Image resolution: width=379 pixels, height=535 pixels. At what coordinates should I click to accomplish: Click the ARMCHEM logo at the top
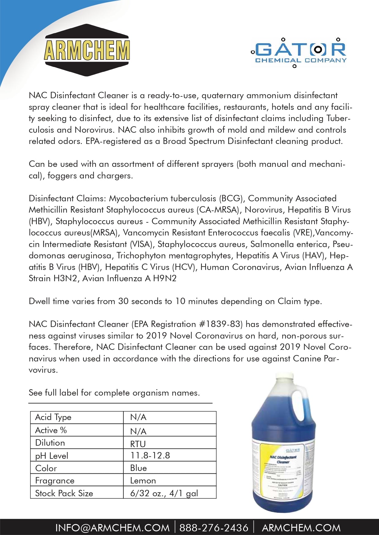coord(87,50)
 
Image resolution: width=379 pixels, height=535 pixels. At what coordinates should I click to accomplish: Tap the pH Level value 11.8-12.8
coord(150,455)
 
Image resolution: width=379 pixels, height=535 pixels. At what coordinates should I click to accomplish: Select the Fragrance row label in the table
coord(55,480)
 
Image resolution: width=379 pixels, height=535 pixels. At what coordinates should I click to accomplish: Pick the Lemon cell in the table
coord(143,480)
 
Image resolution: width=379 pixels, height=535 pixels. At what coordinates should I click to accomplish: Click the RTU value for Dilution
coord(138,444)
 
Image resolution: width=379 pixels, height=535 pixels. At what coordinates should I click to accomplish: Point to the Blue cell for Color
coord(138,468)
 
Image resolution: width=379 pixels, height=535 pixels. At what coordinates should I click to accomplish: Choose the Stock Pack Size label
coord(64,493)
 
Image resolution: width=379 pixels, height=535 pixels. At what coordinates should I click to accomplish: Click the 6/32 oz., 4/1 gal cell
coord(164,493)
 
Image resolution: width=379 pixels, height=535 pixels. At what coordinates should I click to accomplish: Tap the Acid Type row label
coord(53,417)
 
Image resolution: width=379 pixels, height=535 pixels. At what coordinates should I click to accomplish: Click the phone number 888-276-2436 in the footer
coord(214,528)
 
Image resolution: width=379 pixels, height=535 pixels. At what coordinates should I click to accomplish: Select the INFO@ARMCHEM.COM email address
coord(112,528)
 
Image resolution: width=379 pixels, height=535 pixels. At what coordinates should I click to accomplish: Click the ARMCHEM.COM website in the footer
coord(301,528)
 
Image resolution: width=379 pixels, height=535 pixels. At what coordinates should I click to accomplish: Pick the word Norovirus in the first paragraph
coord(94,130)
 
